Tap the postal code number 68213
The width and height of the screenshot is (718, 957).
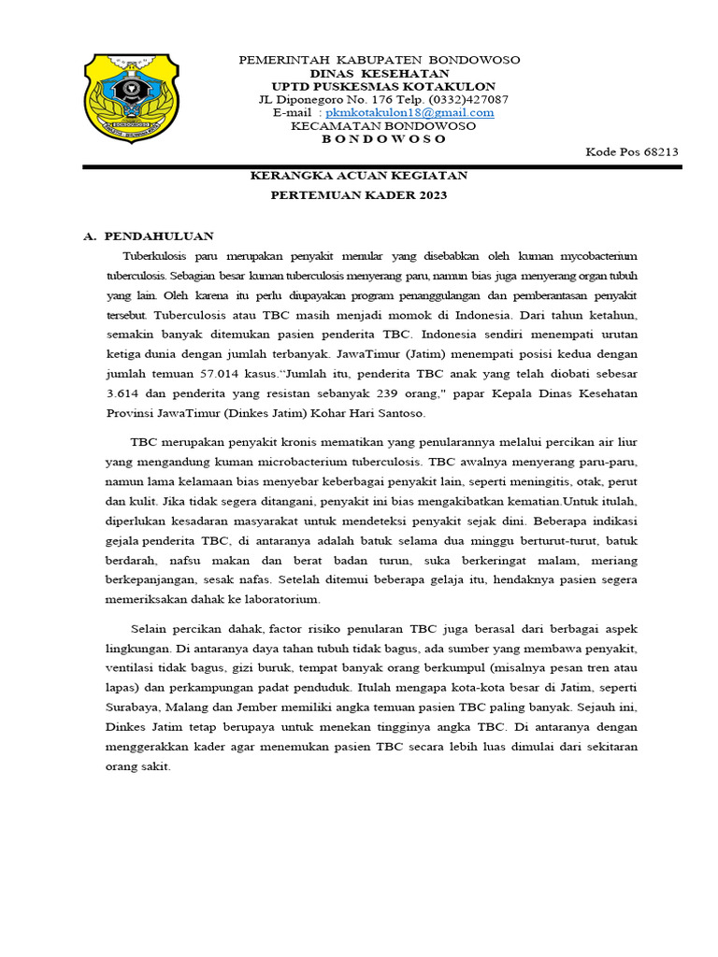[655, 152]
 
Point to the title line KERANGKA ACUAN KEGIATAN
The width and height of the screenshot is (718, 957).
[359, 176]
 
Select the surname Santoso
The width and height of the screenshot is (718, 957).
[397, 413]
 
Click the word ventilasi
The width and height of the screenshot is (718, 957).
[132, 667]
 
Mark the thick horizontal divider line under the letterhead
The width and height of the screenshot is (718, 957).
[381, 166]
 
